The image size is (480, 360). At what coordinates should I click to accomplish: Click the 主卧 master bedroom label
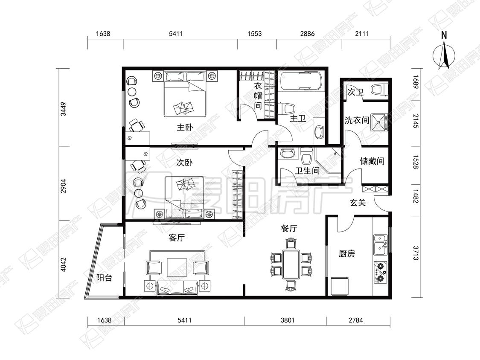coord(185,127)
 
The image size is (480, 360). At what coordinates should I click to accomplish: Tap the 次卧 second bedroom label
coord(185,162)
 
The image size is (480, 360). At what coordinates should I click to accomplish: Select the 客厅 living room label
coord(177,238)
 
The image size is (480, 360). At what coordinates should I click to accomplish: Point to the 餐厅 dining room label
coord(289,228)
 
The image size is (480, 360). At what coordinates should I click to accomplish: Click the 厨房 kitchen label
coord(347,254)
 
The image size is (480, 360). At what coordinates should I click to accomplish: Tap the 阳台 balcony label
coord(104,278)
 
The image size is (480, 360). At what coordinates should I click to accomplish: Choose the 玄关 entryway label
coord(358,202)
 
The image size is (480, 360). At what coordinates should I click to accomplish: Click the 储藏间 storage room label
coord(372,161)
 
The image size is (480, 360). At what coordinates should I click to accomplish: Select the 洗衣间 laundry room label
coord(357,120)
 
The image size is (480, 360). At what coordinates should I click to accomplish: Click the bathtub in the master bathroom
coord(301,81)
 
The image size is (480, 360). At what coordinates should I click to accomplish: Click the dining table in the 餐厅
coord(291,264)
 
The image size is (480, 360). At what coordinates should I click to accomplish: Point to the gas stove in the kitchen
coord(380,272)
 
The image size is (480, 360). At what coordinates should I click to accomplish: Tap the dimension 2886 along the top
coord(307,33)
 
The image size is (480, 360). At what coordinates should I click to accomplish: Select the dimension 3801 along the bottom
coord(288,320)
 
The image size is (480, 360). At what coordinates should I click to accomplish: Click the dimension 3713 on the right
coord(416,253)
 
